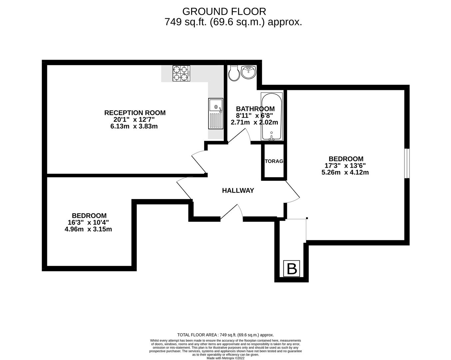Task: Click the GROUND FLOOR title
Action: click(224, 12)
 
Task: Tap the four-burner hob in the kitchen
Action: click(181, 73)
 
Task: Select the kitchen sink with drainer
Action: click(216, 113)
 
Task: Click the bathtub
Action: click(271, 117)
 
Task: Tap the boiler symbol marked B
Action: click(291, 269)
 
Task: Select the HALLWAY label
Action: click(238, 190)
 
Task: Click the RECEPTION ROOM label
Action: click(135, 113)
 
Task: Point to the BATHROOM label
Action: click(255, 109)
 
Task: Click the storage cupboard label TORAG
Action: click(274, 161)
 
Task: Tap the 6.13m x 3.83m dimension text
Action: click(134, 126)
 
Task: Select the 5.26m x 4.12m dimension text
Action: click(345, 172)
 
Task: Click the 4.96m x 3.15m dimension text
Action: click(88, 229)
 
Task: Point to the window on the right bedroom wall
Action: click(407, 163)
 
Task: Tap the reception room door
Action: click(199, 162)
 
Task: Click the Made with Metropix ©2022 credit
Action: click(225, 358)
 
